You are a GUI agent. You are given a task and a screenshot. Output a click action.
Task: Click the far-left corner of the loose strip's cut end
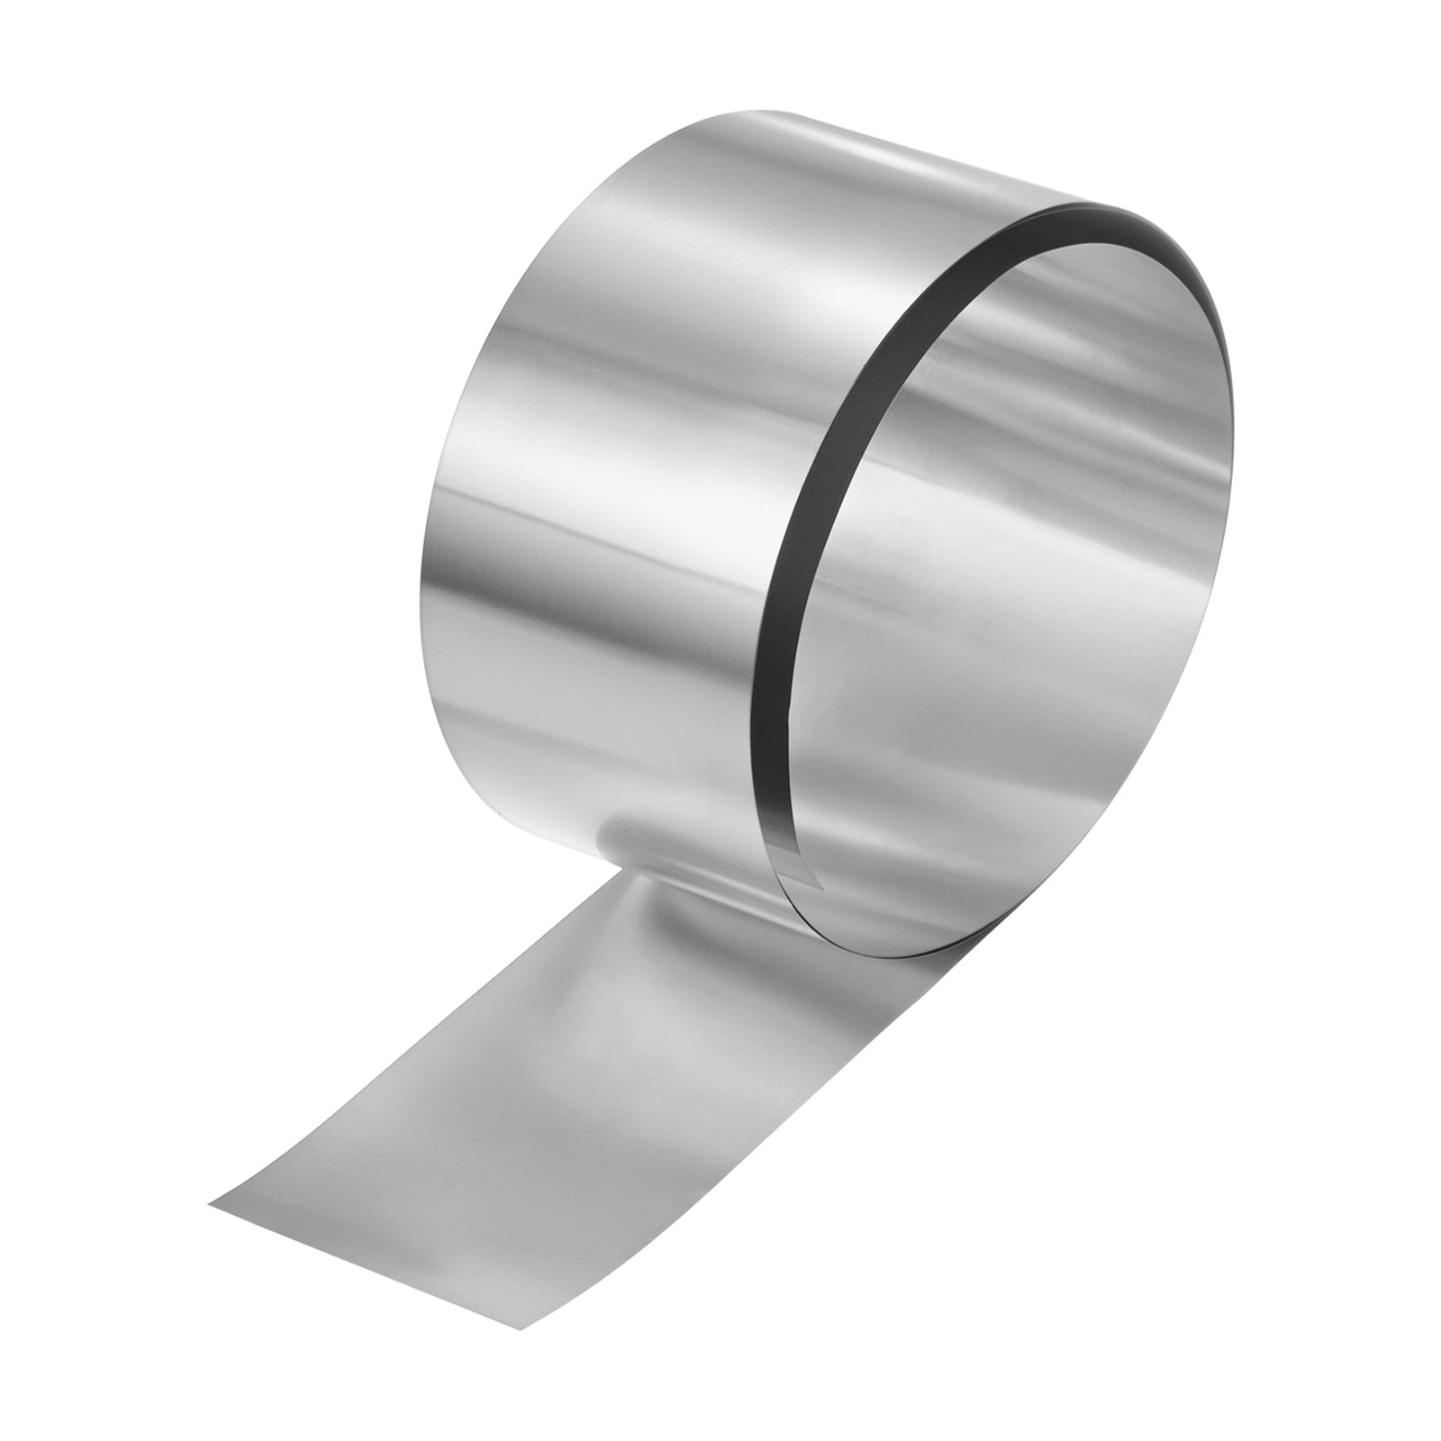(209, 1200)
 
